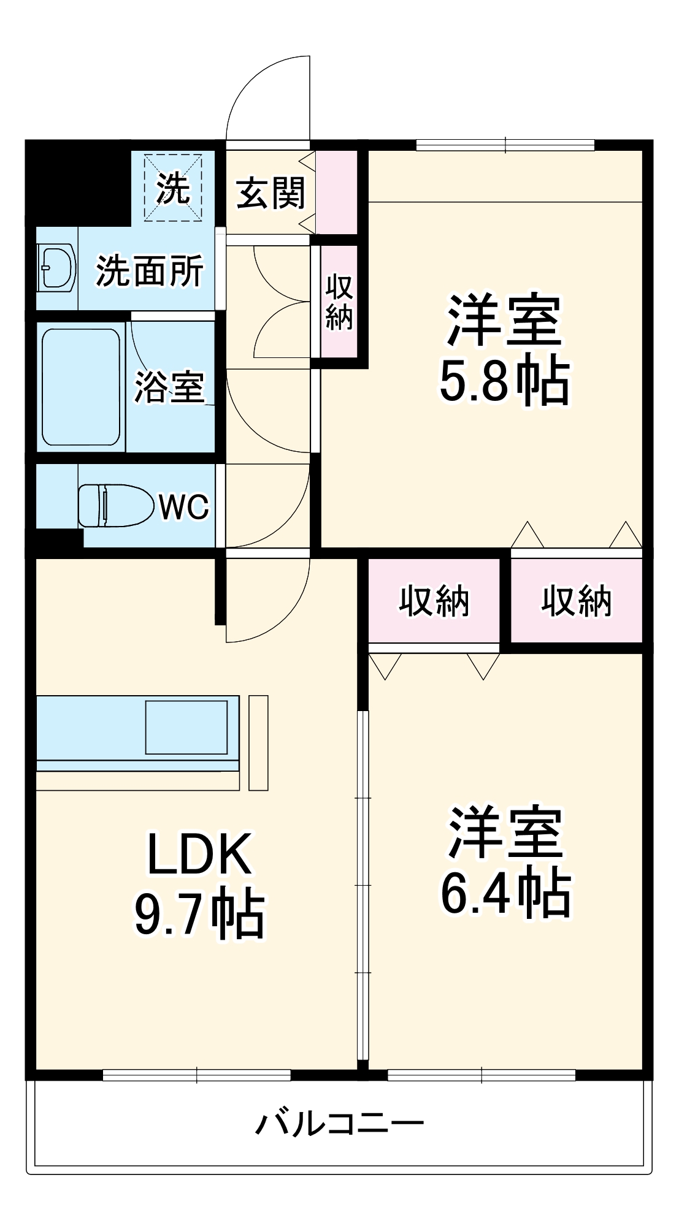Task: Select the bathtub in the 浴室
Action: [x=80, y=387]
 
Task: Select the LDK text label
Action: [x=199, y=854]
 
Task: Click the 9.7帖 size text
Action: [x=199, y=916]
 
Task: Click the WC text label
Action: [x=184, y=506]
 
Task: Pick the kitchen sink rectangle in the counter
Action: [x=186, y=727]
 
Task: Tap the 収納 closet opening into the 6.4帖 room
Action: [x=434, y=601]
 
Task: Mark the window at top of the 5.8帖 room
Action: [x=505, y=145]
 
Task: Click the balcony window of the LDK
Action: [x=196, y=1075]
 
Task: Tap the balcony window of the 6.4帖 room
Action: [x=481, y=1075]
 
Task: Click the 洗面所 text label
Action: [x=149, y=270]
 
